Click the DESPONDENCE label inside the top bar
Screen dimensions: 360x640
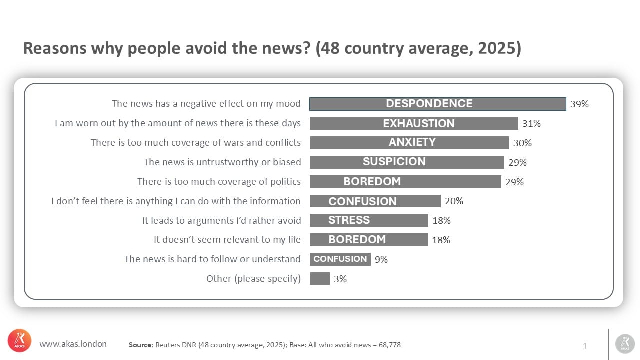tap(429, 104)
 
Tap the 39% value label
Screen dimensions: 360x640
tap(579, 104)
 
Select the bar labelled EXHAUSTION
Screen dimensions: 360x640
tap(414, 123)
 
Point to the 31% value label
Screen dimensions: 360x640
tap(531, 124)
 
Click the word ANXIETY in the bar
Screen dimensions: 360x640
tap(412, 142)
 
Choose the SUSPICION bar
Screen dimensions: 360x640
tap(407, 162)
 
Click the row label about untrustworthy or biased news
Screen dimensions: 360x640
tap(222, 162)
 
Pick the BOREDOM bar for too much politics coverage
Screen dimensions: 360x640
tap(405, 181)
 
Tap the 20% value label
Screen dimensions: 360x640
tap(454, 201)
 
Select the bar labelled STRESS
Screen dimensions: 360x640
tap(369, 220)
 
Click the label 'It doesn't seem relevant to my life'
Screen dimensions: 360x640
tap(227, 240)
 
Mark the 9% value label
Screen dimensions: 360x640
tap(381, 259)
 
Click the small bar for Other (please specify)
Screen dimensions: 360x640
tap(319, 278)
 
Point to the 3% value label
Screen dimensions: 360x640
tap(340, 279)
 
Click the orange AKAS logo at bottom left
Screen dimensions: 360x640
tap(19, 341)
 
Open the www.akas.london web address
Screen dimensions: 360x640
tap(73, 344)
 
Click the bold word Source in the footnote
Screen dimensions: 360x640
tap(141, 345)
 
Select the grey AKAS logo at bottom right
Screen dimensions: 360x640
tap(624, 343)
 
